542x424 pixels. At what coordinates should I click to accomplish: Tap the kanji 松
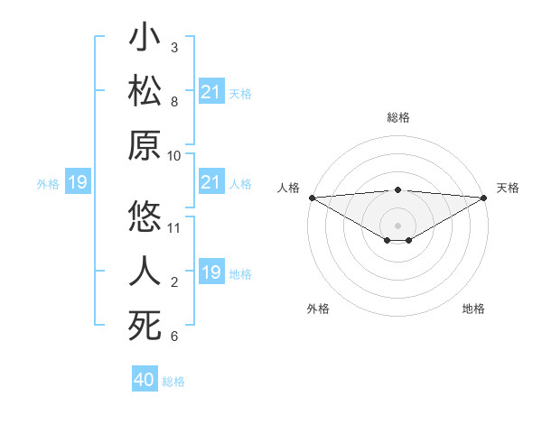tap(145, 93)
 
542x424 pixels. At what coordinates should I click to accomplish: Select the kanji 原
tap(145, 145)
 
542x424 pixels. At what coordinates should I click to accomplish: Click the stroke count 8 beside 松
tap(173, 101)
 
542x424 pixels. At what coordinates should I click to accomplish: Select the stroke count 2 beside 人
tap(173, 282)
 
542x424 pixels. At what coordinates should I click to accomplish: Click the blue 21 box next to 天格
tap(211, 92)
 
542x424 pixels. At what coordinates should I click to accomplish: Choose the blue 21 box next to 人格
tap(211, 183)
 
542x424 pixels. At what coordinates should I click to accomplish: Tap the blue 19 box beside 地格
tap(211, 272)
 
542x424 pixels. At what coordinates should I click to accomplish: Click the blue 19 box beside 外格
tap(77, 183)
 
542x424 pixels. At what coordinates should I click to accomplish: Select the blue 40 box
tap(145, 380)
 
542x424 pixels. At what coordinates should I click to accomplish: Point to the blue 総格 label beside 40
tap(174, 382)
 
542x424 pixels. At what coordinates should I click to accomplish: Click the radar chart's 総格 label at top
tap(397, 117)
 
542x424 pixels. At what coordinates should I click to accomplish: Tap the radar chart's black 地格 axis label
tap(473, 309)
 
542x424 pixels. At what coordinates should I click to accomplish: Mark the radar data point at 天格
tap(484, 198)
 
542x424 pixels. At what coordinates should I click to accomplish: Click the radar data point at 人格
tap(312, 198)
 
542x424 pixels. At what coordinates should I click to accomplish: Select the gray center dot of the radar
tap(397, 223)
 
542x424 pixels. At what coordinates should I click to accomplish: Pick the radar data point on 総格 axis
tap(397, 189)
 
